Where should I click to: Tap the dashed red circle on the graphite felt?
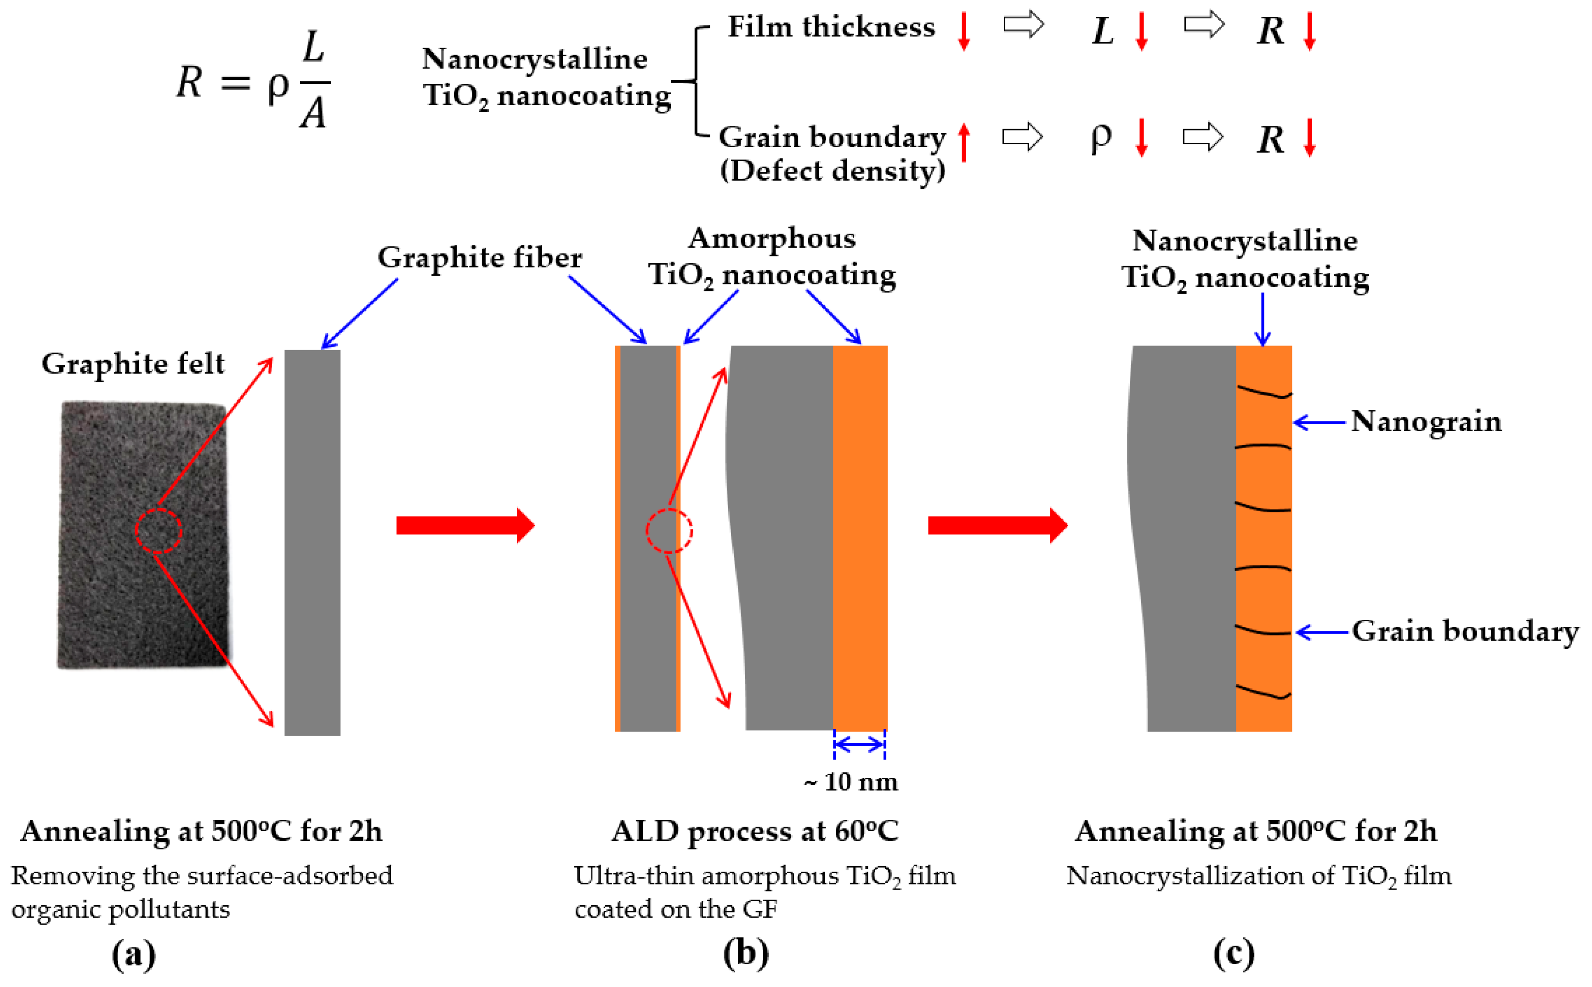coord(159,531)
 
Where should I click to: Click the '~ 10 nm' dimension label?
coord(850,781)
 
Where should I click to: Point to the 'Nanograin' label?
coord(1426,422)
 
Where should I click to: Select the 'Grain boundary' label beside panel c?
coord(1465,631)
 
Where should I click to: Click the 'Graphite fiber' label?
coord(479,257)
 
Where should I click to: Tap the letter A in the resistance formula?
coord(313,112)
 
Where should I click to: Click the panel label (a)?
coord(134,954)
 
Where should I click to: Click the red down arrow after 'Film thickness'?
coord(963,31)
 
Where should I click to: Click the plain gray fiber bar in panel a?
coord(312,542)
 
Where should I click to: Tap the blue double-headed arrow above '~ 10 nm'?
coord(859,744)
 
